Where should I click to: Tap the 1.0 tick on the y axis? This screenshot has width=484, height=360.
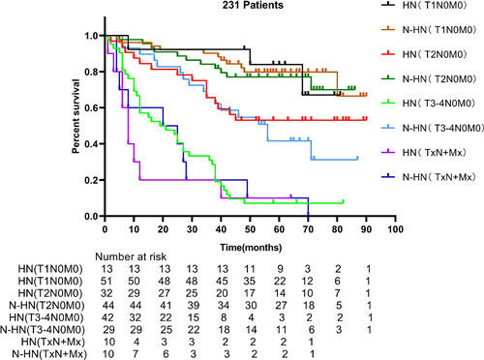pyautogui.click(x=92, y=36)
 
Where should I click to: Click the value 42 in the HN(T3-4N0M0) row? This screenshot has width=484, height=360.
pyautogui.click(x=108, y=317)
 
